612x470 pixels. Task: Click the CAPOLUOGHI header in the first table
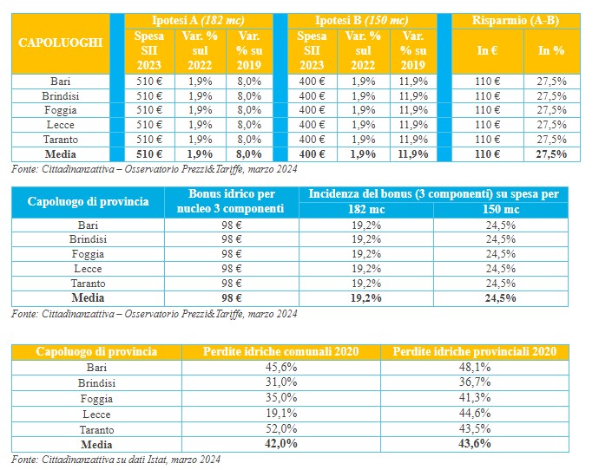coord(60,42)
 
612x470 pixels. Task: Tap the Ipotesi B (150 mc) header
coord(360,20)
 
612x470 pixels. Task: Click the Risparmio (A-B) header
coord(519,20)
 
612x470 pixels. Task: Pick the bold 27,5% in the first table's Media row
coord(551,154)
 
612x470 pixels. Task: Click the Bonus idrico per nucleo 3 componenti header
coord(230,201)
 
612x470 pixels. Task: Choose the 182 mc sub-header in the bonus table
coord(365,210)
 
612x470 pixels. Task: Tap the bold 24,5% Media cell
coord(500,298)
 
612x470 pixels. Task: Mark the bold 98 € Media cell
coord(230,298)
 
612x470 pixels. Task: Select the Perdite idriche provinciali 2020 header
coord(474,352)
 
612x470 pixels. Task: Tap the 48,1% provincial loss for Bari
coord(474,368)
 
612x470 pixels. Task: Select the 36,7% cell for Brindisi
coord(474,383)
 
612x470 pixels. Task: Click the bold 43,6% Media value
coord(474,444)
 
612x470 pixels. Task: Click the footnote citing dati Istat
coord(115,459)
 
